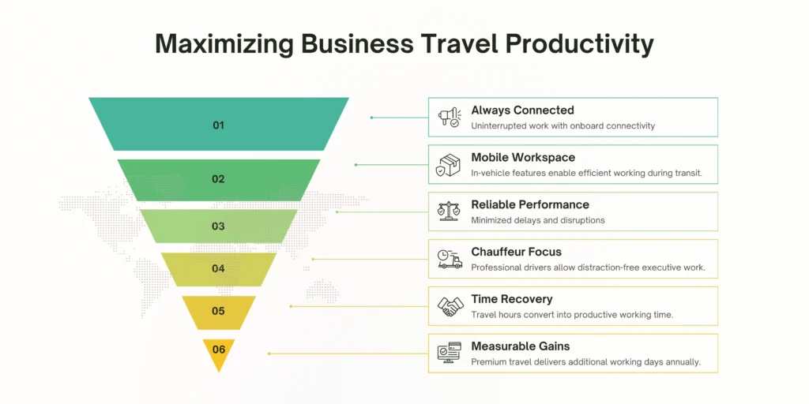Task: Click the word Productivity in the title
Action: [x=579, y=45]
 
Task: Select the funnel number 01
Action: [x=219, y=125]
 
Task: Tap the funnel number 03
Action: [x=219, y=226]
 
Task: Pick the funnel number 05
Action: [x=219, y=311]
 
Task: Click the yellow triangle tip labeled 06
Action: [x=219, y=350]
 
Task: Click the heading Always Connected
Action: [x=522, y=110]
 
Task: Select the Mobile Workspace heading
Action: [x=523, y=158]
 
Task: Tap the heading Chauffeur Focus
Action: [x=516, y=252]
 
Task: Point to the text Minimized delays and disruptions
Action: [x=538, y=220]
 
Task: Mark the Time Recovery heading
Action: [x=511, y=299]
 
